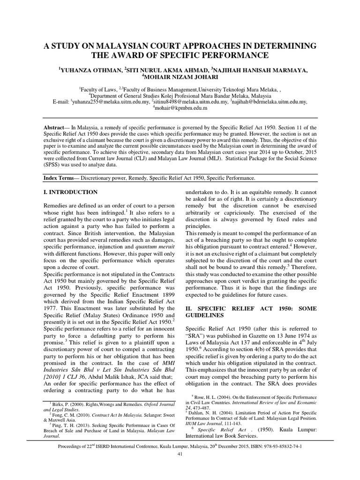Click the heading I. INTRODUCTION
(x=70, y=192)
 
